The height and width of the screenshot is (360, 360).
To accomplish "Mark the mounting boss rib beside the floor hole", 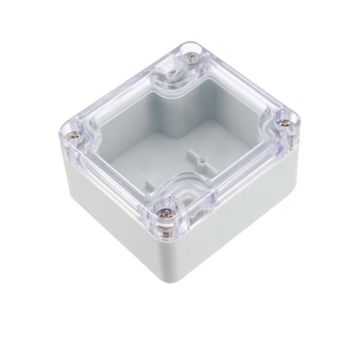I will pyautogui.click(x=192, y=157).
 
